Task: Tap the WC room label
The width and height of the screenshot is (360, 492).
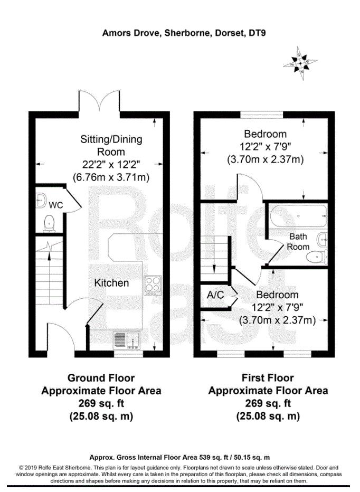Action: point(56,205)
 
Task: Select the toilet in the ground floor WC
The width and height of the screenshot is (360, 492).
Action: point(49,223)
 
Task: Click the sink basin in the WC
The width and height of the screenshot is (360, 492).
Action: point(41,200)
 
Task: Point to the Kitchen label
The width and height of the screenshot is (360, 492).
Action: point(111,283)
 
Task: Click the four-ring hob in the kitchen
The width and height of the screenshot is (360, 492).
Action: point(153,286)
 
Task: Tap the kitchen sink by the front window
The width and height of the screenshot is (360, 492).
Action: point(127,340)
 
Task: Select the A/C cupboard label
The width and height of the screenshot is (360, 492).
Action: point(215,295)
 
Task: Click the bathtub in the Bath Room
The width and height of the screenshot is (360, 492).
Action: point(298,216)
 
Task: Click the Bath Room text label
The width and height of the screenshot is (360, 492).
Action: point(298,242)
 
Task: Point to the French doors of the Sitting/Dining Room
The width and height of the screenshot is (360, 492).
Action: point(99,101)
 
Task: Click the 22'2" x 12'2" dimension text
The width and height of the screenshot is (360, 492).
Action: point(111,164)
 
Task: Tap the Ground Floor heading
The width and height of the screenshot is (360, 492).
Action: point(101,378)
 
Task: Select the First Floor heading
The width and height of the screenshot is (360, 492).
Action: point(268,378)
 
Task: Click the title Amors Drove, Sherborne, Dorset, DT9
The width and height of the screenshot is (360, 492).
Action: point(184,33)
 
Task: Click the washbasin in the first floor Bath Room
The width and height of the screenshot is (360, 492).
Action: point(323,241)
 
